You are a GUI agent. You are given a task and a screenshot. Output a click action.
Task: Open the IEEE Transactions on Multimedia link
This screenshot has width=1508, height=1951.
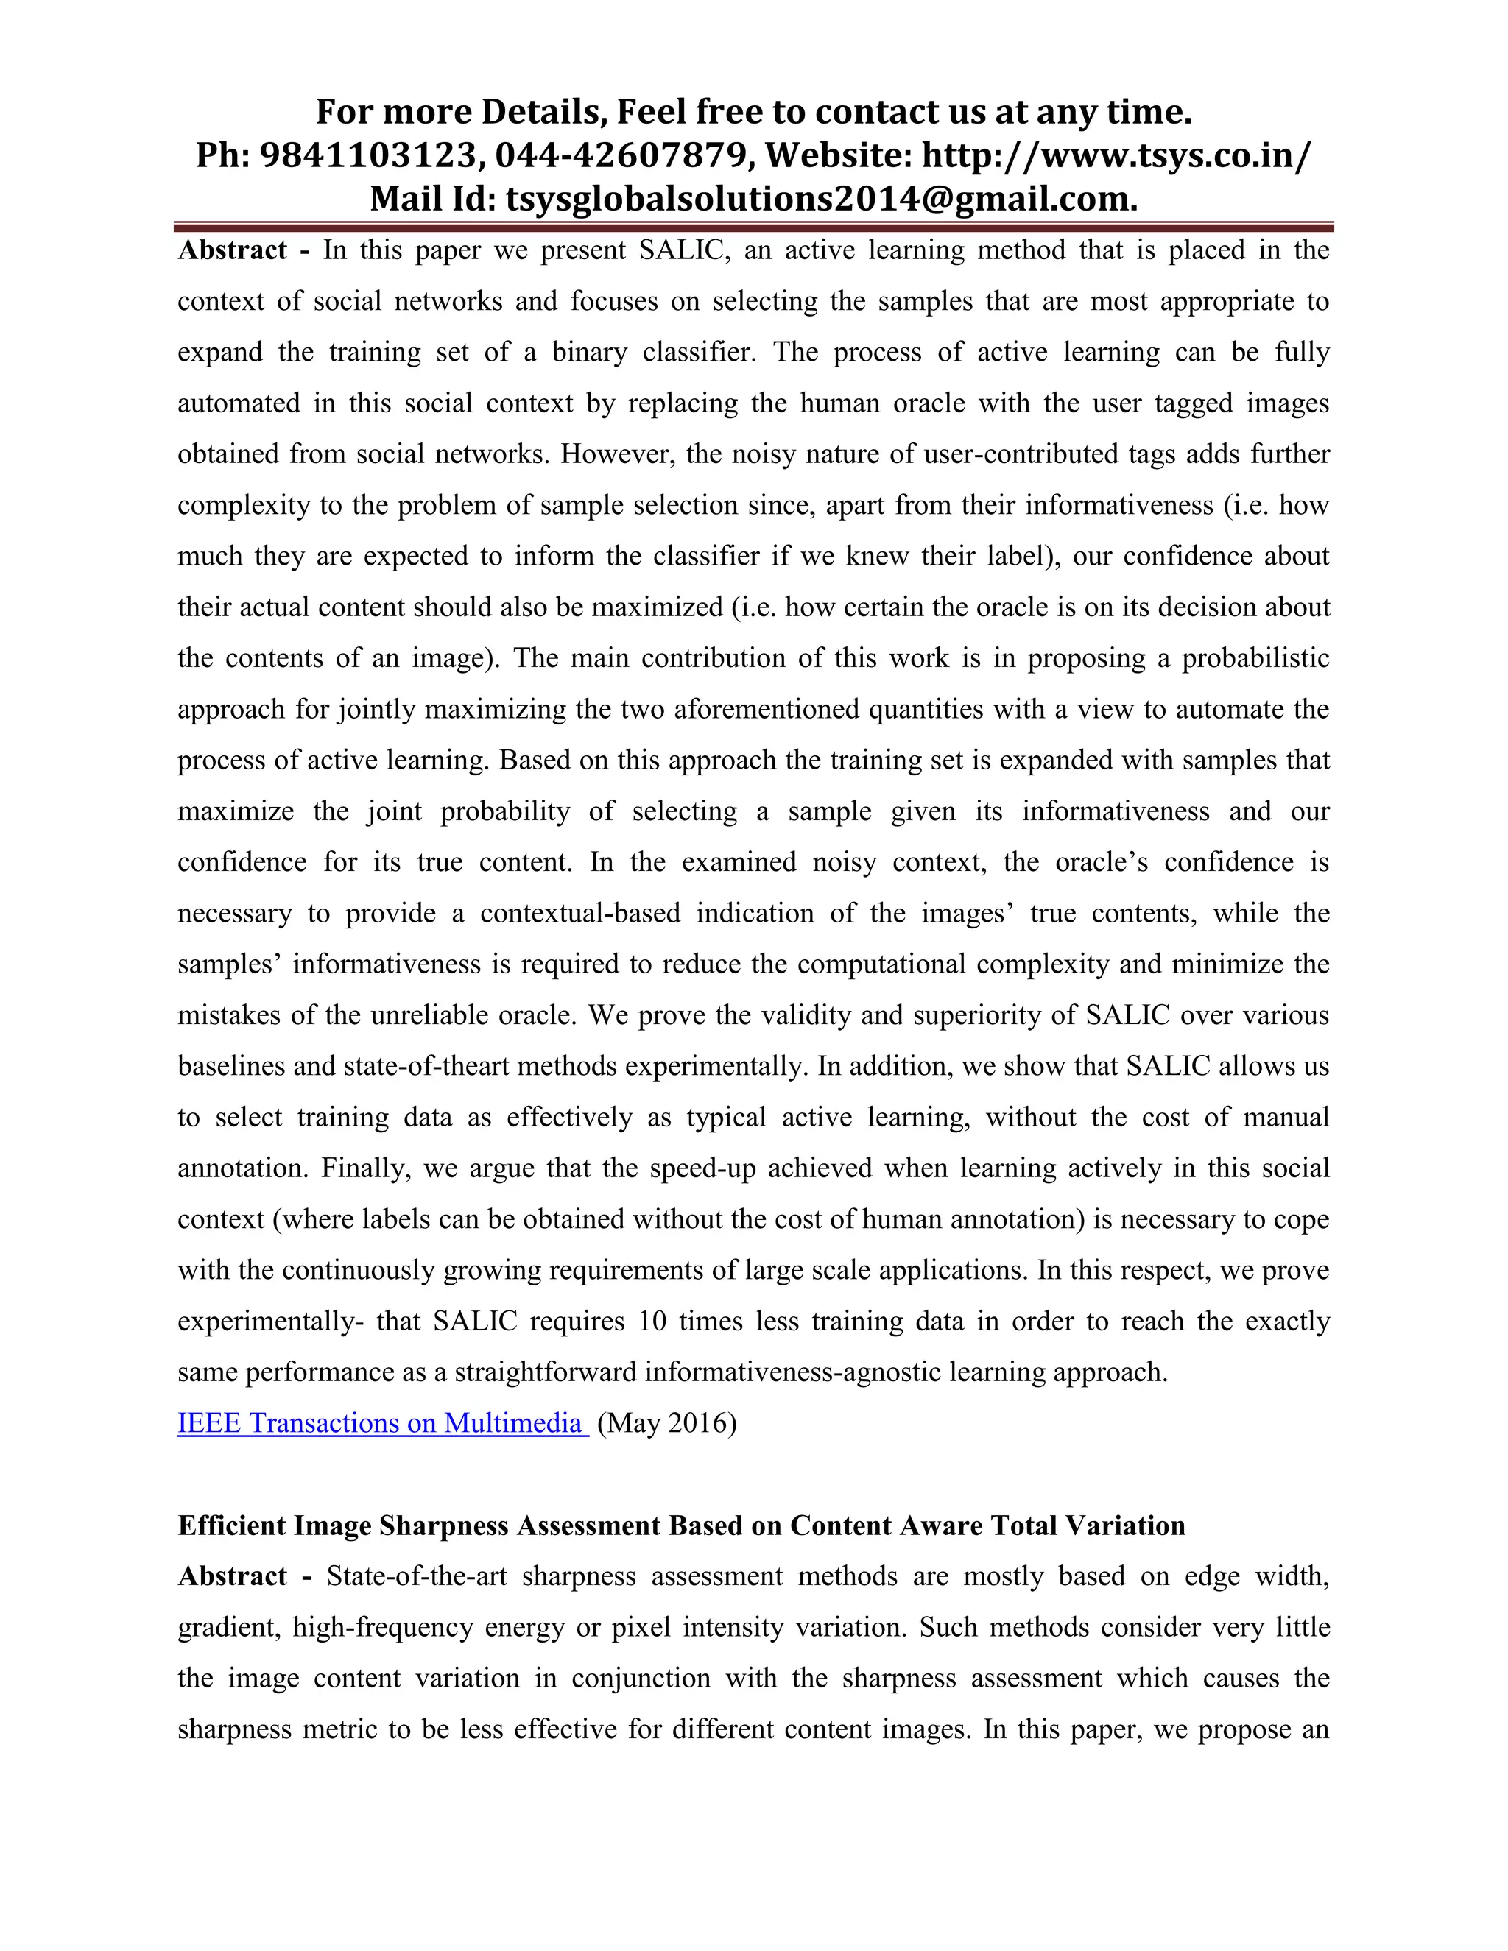(381, 1423)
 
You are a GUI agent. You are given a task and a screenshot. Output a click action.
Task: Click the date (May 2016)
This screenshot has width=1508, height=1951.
(666, 1423)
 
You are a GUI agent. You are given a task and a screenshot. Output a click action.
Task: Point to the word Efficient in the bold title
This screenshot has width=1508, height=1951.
(231, 1525)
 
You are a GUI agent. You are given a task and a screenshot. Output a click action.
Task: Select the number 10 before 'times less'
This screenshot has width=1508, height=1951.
(652, 1322)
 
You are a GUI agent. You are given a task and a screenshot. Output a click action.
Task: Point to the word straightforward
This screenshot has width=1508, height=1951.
(545, 1372)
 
